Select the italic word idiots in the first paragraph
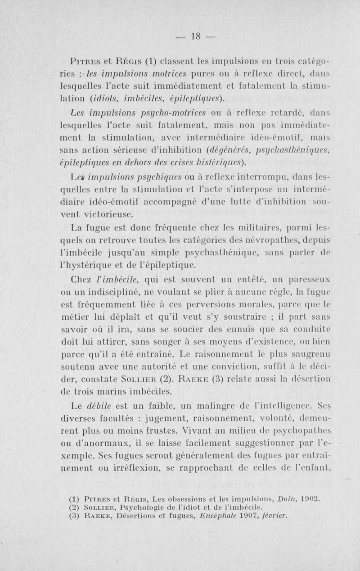pos(106,99)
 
